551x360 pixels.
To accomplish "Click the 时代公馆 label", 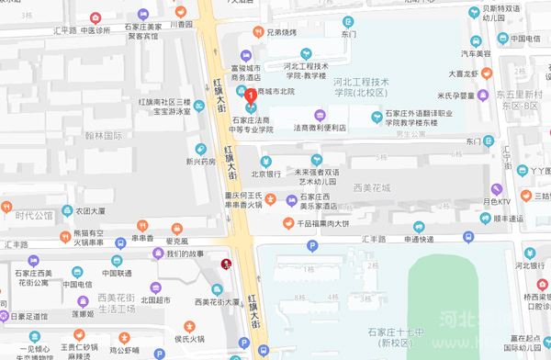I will tap(34, 218).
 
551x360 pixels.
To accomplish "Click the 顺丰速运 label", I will tap(507, 219).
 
